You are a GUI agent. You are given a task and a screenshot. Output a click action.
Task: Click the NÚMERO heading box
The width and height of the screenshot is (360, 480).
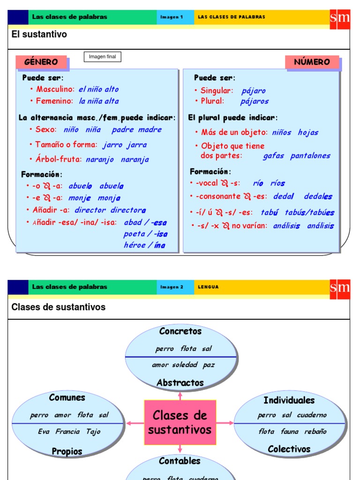pos(312,62)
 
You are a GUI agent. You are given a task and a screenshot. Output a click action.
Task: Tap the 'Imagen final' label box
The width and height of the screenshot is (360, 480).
pos(102,57)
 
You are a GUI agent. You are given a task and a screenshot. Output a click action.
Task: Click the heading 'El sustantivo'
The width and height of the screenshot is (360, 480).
pos(39,34)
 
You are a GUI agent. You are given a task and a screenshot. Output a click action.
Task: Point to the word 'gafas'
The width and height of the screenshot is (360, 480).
pos(273,156)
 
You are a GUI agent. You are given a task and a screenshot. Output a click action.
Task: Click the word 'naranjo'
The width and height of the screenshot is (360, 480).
pos(100,159)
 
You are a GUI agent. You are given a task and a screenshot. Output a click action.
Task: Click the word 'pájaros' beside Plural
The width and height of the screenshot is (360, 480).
pos(255,101)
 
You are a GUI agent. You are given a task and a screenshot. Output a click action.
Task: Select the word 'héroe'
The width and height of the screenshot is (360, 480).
pos(135,245)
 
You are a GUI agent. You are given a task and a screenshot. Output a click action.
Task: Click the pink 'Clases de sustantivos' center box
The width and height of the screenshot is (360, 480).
pos(180,422)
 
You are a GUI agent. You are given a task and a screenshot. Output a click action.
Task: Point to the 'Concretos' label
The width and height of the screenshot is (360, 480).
pos(180,331)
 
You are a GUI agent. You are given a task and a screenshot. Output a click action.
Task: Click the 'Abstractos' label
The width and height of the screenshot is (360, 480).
pos(180,382)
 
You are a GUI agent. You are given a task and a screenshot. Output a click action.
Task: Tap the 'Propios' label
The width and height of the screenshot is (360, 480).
pos(67,451)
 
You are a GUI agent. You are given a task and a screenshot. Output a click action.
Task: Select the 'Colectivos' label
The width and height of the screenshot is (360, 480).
pos(289,449)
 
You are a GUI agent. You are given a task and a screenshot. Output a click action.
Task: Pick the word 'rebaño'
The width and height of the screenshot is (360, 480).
pos(315,432)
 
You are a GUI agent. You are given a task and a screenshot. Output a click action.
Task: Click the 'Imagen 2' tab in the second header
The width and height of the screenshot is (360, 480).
pos(172,287)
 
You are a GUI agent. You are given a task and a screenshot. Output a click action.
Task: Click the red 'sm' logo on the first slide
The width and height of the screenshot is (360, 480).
pos(340,18)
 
